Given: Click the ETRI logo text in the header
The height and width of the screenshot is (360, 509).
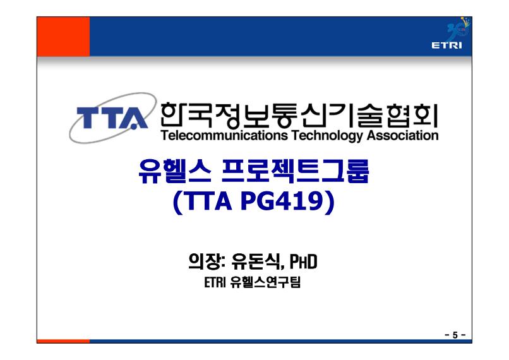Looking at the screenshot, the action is coord(446,45).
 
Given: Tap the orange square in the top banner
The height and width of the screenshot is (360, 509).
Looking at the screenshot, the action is coord(63,37).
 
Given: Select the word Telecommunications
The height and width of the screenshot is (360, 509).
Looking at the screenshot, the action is coord(224,135).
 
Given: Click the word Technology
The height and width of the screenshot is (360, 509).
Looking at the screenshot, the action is coord(327,136).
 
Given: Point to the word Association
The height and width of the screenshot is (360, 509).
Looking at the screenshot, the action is coord(402,135).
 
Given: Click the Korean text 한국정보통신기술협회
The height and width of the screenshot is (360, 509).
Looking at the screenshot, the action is coord(299,115).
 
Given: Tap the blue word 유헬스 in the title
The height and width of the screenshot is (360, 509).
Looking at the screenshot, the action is coord(175,171).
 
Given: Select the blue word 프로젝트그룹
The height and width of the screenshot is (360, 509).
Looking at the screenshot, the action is coord(295,171).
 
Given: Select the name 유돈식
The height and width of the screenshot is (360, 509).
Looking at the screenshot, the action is coord(255,261).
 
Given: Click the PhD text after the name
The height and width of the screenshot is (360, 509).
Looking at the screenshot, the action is coord(303,261).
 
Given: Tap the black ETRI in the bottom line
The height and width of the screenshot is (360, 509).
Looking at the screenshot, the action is coord(215,282).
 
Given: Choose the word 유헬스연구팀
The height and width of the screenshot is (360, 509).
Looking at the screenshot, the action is coord(265,282).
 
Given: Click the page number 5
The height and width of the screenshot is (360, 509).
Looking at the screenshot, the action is coord(455,335).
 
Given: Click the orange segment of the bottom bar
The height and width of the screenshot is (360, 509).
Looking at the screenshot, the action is coord(63,341).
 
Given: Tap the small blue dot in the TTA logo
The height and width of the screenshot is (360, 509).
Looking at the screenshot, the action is coord(133,127).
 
